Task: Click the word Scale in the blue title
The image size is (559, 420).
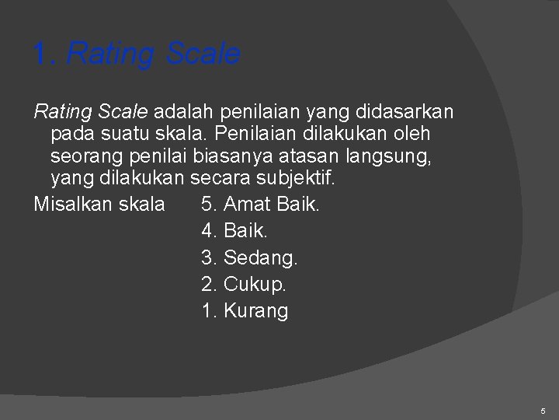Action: pos(203,54)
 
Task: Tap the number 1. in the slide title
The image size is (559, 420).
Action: pos(44,54)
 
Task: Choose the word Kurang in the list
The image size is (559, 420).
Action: pos(255,311)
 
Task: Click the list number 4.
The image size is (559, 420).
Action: pos(209,231)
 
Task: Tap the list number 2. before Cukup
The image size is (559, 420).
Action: pos(209,284)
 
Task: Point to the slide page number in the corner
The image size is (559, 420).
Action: pos(543,410)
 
